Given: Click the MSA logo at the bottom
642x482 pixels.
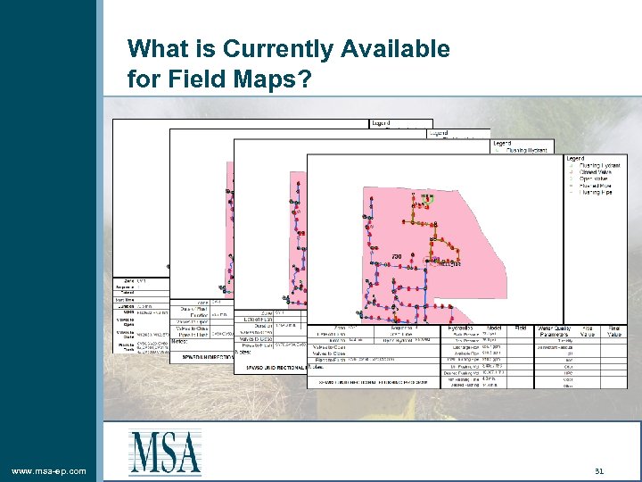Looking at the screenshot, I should click(165, 453).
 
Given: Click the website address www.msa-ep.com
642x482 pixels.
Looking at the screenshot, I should click(49, 470).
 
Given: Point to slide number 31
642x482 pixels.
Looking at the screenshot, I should click(599, 470).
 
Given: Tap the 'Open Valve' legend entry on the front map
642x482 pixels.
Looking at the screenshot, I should click(596, 179).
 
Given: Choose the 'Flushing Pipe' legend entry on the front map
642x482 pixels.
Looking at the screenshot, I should click(597, 192).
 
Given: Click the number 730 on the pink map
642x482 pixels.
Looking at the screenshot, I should click(397, 257).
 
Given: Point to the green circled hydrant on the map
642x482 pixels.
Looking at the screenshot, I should click(428, 200).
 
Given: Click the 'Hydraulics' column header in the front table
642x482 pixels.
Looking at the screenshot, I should click(456, 328).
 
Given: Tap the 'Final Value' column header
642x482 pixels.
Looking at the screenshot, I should click(614, 331).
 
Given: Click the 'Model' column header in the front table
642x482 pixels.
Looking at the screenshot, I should click(491, 328).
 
